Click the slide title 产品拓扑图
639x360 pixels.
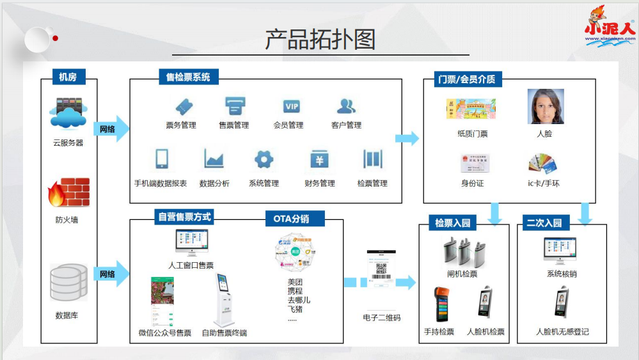pyautogui.click(x=320, y=40)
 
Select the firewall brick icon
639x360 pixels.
pyautogui.click(x=68, y=192)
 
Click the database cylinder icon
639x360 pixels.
pyautogui.click(x=68, y=282)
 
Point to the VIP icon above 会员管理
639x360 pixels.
pyautogui.click(x=292, y=106)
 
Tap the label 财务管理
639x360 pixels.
pyautogui.click(x=320, y=184)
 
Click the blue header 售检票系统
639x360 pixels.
pyautogui.click(x=188, y=77)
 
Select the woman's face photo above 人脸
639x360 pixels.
pyautogui.click(x=545, y=106)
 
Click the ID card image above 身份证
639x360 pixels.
pyautogui.click(x=472, y=163)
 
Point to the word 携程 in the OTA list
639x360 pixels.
pyautogui.click(x=295, y=291)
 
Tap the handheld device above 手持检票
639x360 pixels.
pyautogui.click(x=439, y=304)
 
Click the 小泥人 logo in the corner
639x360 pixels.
pyautogui.click(x=610, y=26)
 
